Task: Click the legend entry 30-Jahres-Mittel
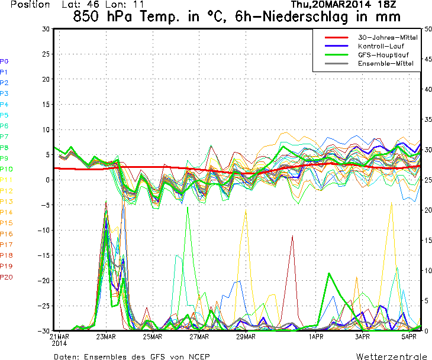(388, 38)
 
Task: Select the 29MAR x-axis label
(246, 336)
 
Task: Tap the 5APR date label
(409, 336)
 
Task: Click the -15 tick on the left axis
(43, 255)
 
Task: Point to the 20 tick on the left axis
(46, 79)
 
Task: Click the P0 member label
(4, 61)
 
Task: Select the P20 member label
(6, 277)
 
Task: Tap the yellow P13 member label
(6, 202)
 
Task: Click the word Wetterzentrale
(391, 356)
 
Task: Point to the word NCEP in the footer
(198, 356)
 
